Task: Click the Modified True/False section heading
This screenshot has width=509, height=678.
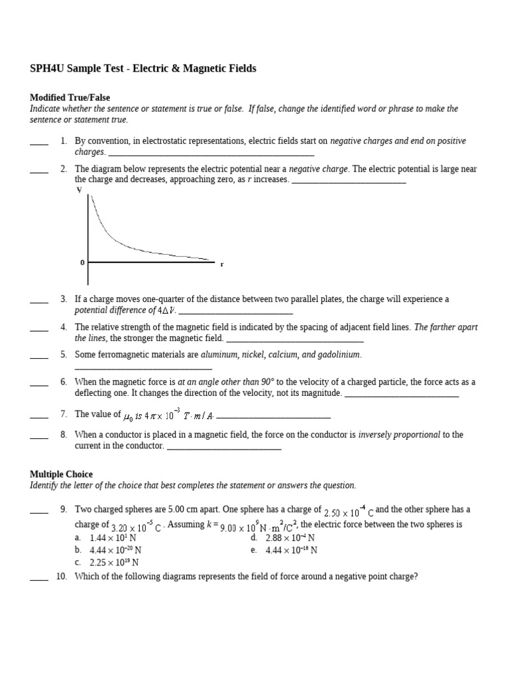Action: [68, 97]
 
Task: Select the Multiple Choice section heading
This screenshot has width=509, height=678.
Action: [61, 474]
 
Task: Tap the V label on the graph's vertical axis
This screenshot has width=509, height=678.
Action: [80, 190]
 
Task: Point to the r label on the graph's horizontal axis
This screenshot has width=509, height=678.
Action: [222, 264]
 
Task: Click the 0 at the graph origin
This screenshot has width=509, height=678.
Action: [82, 263]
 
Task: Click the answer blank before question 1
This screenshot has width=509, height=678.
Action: [39, 142]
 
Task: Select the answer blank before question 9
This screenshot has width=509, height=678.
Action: [39, 510]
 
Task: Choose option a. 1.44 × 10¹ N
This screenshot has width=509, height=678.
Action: [106, 538]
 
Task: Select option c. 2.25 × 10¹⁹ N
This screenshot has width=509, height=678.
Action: [106, 563]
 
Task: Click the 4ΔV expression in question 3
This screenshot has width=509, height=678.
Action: [166, 311]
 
